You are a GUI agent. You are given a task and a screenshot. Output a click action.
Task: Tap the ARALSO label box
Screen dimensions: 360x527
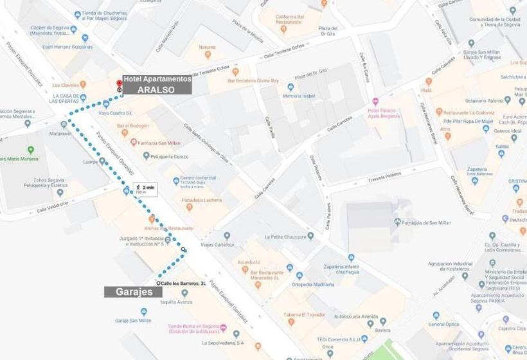(x=156, y=90)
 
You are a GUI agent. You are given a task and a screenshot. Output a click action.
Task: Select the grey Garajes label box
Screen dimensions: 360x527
(x=134, y=291)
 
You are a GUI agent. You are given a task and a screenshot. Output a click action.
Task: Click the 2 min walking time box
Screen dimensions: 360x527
(x=144, y=189)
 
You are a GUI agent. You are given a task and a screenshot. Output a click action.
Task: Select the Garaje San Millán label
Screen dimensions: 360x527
(x=133, y=320)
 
